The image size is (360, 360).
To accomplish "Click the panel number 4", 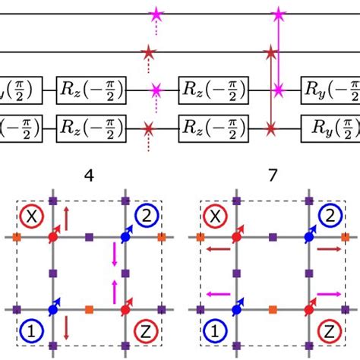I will [x=90, y=175].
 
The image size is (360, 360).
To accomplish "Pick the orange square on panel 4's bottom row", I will [x=90, y=309].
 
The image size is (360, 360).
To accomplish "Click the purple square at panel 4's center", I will [x=90, y=273].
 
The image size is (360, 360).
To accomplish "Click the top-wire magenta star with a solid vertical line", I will [x=279, y=14].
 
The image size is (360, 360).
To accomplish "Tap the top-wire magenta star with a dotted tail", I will [x=156, y=14].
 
